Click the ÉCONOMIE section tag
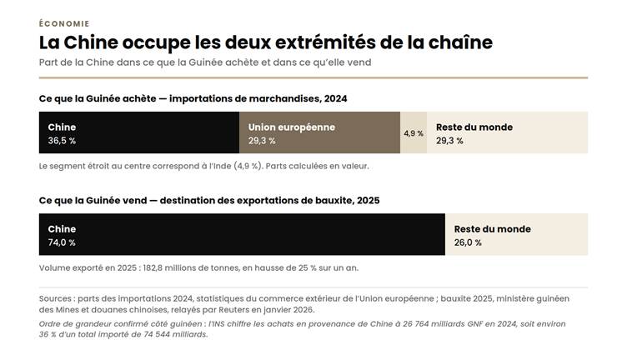(x=64, y=23)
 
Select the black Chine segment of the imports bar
(x=139, y=132)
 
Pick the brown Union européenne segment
(x=319, y=132)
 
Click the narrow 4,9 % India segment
(x=414, y=132)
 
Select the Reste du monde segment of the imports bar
(x=508, y=132)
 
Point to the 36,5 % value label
(x=62, y=141)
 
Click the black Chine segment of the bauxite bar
(x=242, y=234)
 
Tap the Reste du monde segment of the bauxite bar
(x=517, y=234)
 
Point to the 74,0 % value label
(x=62, y=242)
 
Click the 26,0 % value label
(x=468, y=242)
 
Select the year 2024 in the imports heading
(x=335, y=98)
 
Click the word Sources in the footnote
(x=55, y=298)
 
